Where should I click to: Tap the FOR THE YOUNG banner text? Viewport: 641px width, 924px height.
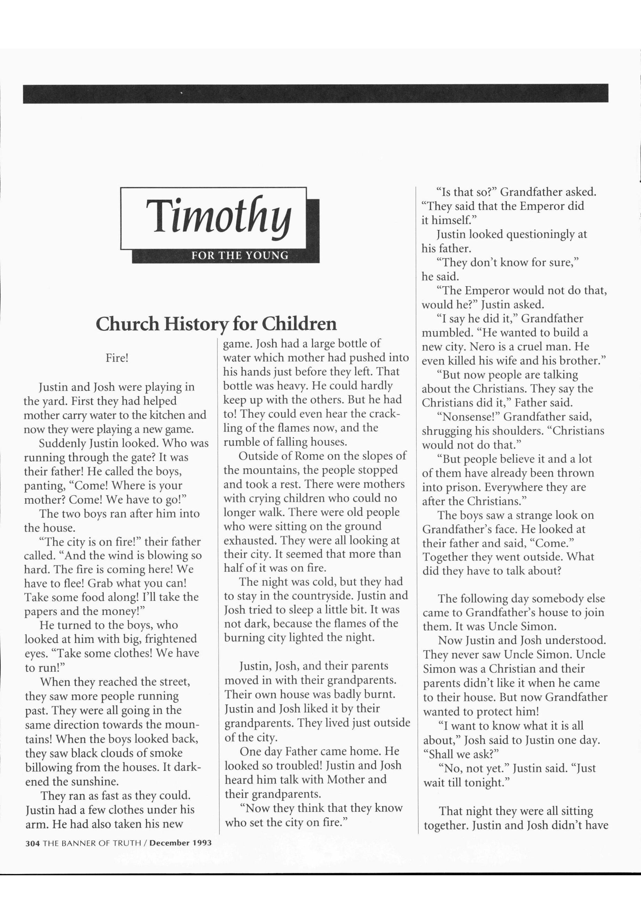240,255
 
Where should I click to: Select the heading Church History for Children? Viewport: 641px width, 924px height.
216,324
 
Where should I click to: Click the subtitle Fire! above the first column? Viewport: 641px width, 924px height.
117,358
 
